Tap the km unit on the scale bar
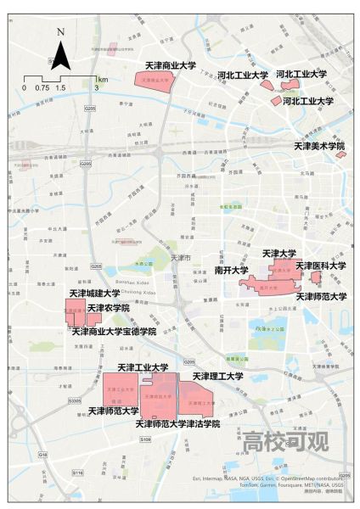[102, 77]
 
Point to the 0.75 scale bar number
[42, 87]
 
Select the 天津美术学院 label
[319, 146]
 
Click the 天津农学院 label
[109, 307]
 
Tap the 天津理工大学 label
[218, 376]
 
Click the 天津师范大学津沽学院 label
[177, 422]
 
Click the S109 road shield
[145, 439]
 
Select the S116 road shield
[78, 472]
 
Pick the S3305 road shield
[75, 400]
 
